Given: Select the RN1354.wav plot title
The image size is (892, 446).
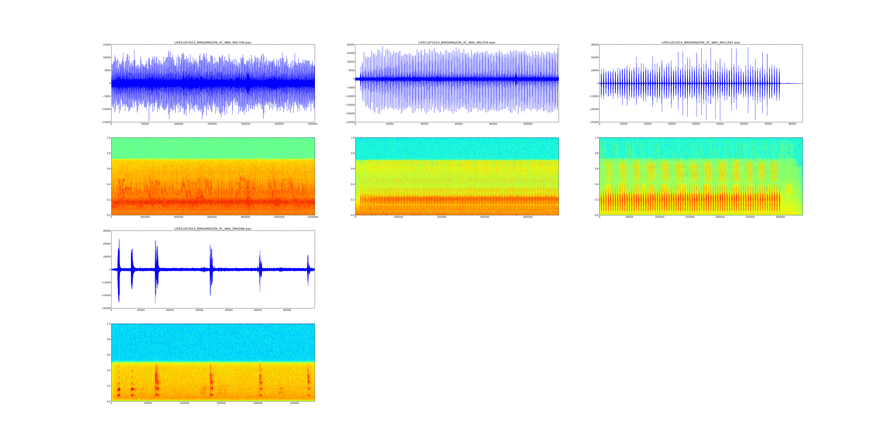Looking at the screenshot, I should [457, 43].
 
